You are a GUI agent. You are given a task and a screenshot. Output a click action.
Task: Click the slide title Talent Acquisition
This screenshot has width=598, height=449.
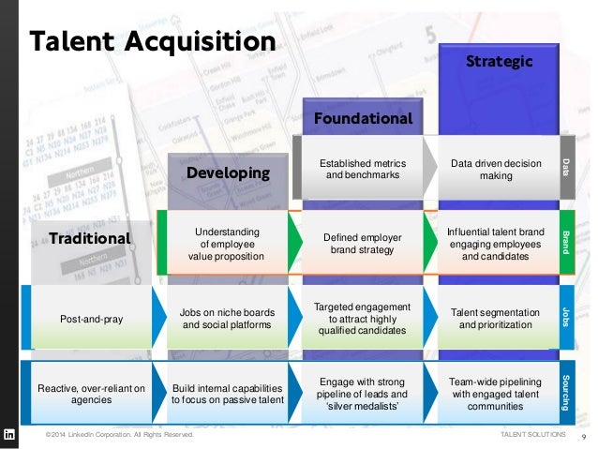tap(152, 41)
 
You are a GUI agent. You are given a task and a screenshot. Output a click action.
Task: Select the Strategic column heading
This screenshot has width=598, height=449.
tap(500, 62)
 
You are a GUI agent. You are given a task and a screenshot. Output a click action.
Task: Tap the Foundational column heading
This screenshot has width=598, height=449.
tap(363, 119)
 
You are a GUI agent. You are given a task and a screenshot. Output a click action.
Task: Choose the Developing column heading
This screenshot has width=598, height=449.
tap(228, 172)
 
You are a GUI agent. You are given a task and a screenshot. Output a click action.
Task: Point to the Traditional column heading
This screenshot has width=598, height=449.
tap(90, 238)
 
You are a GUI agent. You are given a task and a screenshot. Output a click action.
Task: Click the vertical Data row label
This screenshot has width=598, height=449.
tap(566, 167)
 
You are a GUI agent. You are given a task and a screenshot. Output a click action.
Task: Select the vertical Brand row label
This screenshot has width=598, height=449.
tap(566, 242)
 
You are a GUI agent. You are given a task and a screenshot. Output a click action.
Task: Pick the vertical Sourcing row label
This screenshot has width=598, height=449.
tap(566, 392)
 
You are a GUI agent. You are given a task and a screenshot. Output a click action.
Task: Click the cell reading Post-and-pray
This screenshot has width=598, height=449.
tap(91, 319)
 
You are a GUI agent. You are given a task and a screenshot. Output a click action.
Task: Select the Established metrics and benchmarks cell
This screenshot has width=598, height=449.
tap(362, 169)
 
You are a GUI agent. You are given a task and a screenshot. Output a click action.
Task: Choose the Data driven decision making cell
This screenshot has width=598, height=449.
tap(496, 170)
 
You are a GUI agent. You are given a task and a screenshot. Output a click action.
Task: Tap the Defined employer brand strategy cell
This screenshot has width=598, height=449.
tap(362, 244)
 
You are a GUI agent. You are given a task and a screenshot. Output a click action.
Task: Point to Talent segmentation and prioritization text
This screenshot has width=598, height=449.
tap(496, 318)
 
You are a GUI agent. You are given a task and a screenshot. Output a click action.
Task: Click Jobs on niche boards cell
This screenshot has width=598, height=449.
tap(228, 319)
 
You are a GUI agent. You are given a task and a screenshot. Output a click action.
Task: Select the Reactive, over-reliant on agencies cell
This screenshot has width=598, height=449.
tap(92, 394)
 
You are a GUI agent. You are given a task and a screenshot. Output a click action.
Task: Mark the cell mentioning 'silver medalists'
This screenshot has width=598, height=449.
tap(363, 393)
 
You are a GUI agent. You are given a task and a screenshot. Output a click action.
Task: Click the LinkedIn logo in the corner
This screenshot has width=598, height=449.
tap(10, 435)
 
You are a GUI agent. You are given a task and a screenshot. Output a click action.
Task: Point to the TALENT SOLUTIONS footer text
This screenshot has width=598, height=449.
tap(534, 436)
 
